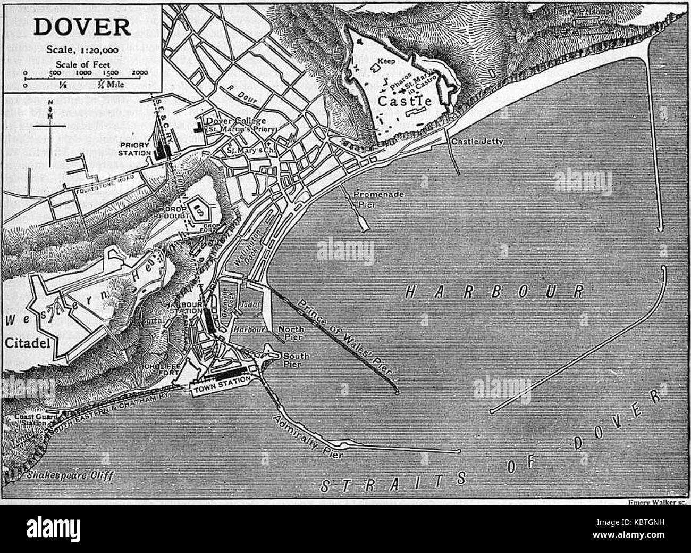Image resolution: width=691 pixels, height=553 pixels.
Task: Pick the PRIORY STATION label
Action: (133, 147)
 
